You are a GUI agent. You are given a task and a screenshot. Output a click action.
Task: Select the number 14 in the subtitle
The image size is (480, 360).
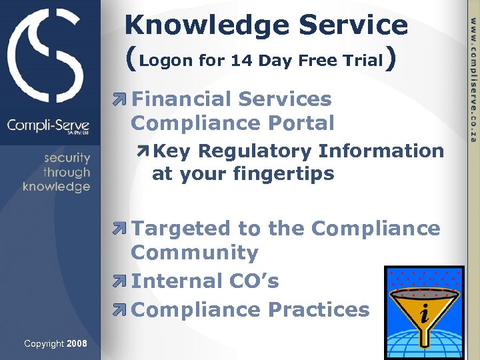[x=240, y=61]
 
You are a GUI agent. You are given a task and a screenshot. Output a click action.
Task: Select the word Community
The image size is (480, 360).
[x=194, y=253]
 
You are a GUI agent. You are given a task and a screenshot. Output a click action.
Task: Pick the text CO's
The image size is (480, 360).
[x=257, y=281]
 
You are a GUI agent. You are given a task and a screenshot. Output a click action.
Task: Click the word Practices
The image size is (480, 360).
[x=319, y=309]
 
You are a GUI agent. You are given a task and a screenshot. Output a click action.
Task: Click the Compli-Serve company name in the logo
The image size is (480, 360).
[x=48, y=125]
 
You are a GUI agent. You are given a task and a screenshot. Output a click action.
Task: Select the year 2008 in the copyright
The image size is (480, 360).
[x=77, y=343]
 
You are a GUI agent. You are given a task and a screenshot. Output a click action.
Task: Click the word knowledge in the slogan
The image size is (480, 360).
[x=57, y=187]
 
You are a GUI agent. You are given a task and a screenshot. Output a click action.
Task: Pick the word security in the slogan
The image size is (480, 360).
[x=67, y=158]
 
